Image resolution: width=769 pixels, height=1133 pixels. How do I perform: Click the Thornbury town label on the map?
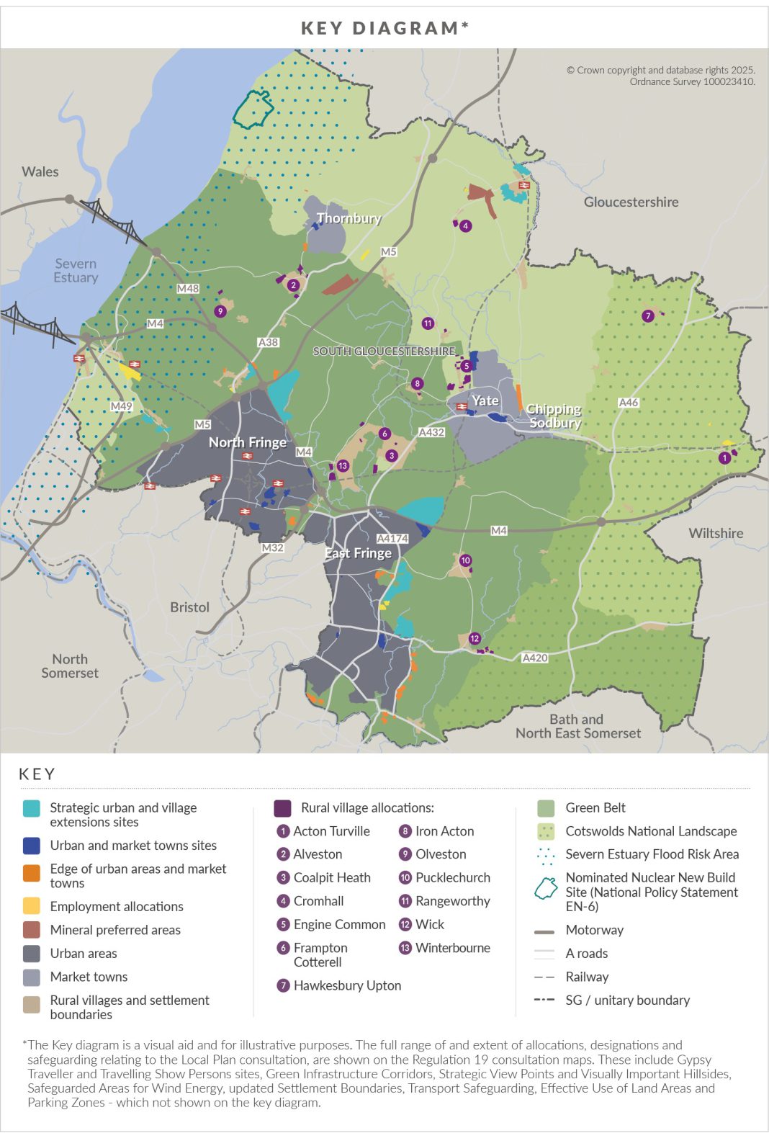pyautogui.click(x=348, y=218)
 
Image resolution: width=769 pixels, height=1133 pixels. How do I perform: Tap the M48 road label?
pyautogui.click(x=188, y=288)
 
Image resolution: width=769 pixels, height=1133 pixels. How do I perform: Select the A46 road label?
pyautogui.click(x=629, y=403)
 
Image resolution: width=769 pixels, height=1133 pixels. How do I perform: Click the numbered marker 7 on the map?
pyautogui.click(x=648, y=315)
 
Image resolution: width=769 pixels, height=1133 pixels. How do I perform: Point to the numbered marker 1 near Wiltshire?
pyautogui.click(x=725, y=457)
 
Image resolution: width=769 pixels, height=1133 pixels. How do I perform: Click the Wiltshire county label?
pyautogui.click(x=715, y=533)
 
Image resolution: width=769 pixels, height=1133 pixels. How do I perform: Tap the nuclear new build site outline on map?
pyautogui.click(x=253, y=109)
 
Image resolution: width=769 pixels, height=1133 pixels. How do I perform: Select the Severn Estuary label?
pyautogui.click(x=76, y=270)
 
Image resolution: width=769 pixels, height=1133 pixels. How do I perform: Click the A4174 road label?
pyautogui.click(x=392, y=538)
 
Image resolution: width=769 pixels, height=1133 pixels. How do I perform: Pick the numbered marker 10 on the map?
pyautogui.click(x=465, y=560)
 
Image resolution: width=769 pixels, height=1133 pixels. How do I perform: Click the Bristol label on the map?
pyautogui.click(x=189, y=607)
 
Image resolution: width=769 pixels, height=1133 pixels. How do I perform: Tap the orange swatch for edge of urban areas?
pyautogui.click(x=32, y=873)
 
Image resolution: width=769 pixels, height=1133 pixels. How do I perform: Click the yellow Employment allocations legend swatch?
pyautogui.click(x=32, y=906)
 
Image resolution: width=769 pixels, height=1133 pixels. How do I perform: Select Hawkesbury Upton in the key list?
pyautogui.click(x=347, y=985)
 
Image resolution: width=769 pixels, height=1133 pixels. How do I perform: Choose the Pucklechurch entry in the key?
pyautogui.click(x=452, y=877)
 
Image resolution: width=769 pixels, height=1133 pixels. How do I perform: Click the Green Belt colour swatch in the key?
pyautogui.click(x=546, y=808)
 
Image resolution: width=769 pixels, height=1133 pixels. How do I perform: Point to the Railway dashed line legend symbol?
pyautogui.click(x=544, y=977)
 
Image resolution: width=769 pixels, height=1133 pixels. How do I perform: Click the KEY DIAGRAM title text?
pyautogui.click(x=384, y=28)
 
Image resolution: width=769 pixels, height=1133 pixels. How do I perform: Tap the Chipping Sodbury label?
pyautogui.click(x=554, y=416)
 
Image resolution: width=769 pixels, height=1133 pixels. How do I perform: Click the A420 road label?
pyautogui.click(x=535, y=658)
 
